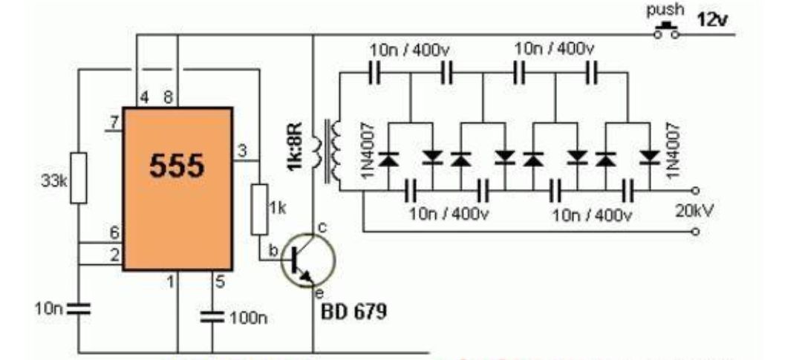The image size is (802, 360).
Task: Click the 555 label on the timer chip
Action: (177, 166)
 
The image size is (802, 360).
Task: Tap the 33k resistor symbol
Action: (78, 178)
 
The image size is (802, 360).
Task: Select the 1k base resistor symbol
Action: (259, 209)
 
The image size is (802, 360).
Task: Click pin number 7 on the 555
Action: (114, 122)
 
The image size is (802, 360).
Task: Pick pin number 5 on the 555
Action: (220, 281)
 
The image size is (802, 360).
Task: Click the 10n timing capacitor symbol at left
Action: (77, 308)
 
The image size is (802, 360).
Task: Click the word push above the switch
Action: (664, 10)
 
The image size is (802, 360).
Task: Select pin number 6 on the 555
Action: (114, 233)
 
